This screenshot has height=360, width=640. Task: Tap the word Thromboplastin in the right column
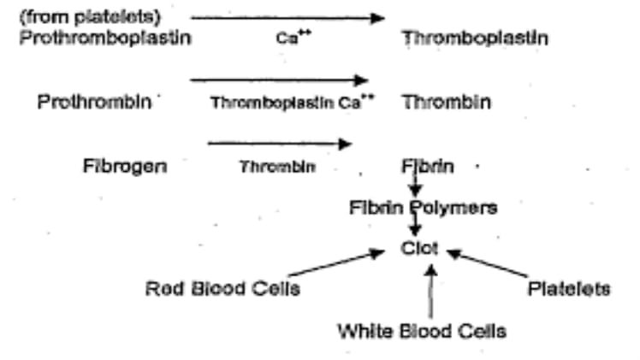pyautogui.click(x=475, y=38)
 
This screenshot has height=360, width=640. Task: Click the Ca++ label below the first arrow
pyautogui.click(x=287, y=38)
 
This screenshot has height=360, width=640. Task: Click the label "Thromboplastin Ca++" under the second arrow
pyautogui.click(x=293, y=103)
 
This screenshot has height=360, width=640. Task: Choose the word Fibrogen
pyautogui.click(x=125, y=165)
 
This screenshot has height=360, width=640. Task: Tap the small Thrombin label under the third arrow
pyautogui.click(x=278, y=166)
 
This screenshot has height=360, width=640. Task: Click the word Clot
pyautogui.click(x=420, y=248)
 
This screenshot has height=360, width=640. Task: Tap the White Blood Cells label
pyautogui.click(x=421, y=330)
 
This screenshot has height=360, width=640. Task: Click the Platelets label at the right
pyautogui.click(x=569, y=288)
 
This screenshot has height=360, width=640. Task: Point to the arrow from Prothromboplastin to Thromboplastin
pyautogui.click(x=287, y=17)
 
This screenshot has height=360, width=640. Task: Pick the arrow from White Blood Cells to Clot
pyautogui.click(x=432, y=292)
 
